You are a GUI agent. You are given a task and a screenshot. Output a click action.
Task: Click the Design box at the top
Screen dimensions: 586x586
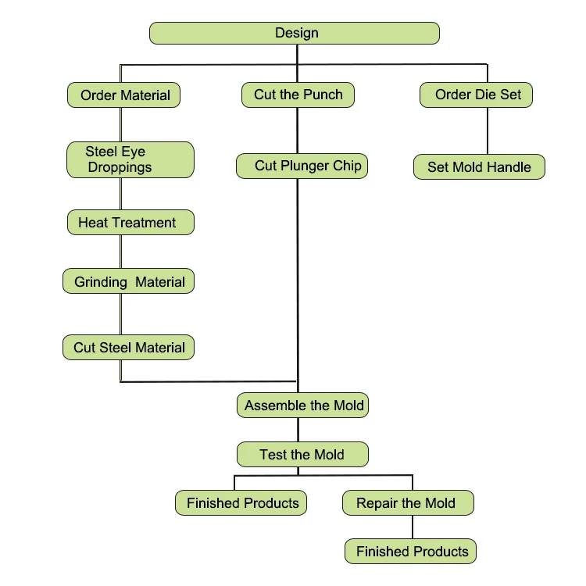click(295, 34)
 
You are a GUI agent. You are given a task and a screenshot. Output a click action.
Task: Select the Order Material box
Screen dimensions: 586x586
click(123, 95)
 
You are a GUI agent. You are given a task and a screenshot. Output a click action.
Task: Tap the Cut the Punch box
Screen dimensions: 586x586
click(298, 95)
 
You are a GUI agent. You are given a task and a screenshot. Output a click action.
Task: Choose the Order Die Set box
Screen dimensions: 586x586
click(476, 95)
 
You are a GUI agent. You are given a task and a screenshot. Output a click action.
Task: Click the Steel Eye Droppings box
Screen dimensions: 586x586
click(130, 159)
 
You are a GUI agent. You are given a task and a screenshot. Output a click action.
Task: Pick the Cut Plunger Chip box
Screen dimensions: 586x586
click(302, 166)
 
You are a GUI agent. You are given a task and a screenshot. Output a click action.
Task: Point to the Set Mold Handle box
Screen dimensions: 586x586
click(479, 166)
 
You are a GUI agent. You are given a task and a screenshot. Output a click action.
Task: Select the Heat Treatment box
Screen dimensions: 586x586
click(130, 223)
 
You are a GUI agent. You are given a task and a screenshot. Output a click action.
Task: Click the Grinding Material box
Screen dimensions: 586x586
click(129, 281)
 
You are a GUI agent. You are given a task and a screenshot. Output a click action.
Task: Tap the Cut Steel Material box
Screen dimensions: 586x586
click(129, 348)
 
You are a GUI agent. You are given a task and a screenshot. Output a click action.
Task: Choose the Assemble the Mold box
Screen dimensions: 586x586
click(302, 405)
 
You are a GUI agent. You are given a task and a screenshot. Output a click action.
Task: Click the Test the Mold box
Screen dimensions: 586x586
click(302, 455)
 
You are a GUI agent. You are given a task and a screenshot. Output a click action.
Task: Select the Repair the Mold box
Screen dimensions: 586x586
click(408, 503)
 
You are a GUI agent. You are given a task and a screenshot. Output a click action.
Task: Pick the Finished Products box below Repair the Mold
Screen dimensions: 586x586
click(410, 552)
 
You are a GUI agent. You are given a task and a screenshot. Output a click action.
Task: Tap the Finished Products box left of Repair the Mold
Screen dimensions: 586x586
click(241, 503)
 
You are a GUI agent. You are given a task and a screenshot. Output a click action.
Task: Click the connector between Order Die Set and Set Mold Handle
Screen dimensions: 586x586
click(488, 130)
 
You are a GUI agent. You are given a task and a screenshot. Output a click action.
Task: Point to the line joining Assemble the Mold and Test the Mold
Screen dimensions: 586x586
click(298, 430)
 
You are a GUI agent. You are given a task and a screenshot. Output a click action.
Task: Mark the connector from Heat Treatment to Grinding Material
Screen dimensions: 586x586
click(120, 252)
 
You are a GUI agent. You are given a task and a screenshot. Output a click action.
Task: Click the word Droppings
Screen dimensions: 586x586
click(120, 167)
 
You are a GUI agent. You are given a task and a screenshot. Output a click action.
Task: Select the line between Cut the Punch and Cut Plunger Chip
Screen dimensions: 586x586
click(298, 130)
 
